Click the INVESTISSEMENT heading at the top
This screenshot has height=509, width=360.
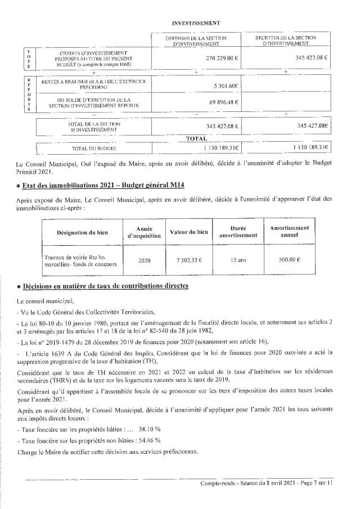click(x=196, y=22)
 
